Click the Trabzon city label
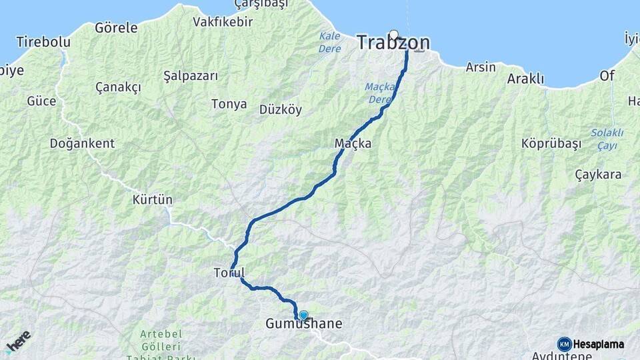tap(393, 43)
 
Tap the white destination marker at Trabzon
tap(394, 35)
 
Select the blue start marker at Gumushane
tap(303, 315)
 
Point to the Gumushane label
tap(304, 325)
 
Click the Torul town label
tap(229, 273)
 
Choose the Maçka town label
tap(353, 143)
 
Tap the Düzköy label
tap(280, 109)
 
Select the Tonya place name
tap(229, 104)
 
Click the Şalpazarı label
tap(191, 76)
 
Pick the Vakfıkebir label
tap(223, 22)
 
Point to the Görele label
tap(116, 28)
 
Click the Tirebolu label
tap(43, 42)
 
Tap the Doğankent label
tap(82, 143)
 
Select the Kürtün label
tap(152, 199)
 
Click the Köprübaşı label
tap(551, 143)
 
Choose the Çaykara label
tap(598, 175)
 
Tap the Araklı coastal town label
tap(525, 79)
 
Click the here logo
tap(19, 341)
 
